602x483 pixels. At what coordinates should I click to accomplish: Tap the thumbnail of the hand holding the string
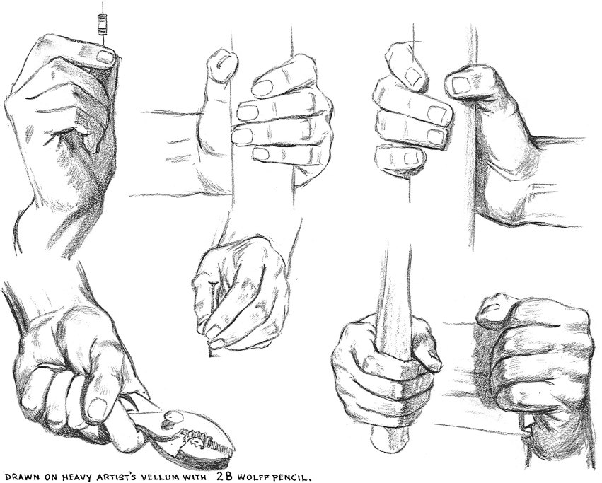(x=106, y=56)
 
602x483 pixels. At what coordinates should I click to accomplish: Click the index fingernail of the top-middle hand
(x=264, y=88)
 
